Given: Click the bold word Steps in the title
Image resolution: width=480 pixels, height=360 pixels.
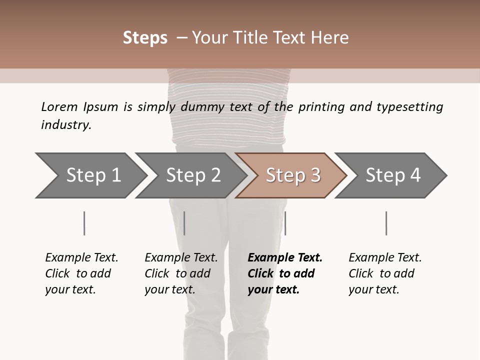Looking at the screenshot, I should point(145,38).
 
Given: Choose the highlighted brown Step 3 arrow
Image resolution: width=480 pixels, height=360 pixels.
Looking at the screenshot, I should point(293,175).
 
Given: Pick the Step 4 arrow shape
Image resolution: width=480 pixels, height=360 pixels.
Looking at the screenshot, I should point(393,175).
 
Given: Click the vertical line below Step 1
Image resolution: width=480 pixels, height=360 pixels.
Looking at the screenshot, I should point(84,223).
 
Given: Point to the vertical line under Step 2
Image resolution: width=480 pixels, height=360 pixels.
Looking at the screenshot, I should point(184,223).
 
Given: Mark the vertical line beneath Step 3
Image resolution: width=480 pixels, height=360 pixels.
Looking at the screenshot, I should point(285,223).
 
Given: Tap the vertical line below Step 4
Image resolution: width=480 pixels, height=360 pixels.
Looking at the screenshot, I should point(386,223).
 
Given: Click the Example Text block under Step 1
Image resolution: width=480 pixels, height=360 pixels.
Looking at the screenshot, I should point(81,273).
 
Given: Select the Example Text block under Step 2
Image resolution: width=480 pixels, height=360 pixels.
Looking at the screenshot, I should point(181,273).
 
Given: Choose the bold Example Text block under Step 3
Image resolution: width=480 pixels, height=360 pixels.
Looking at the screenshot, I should point(285,273).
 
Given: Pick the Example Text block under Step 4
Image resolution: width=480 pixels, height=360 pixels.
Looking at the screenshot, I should point(385,273).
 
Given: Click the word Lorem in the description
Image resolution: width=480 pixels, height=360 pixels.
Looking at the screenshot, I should point(59,106).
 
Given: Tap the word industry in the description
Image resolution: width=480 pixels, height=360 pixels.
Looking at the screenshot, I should point(66,125).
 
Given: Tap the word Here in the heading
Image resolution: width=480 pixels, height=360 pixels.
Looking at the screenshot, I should point(330,38).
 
